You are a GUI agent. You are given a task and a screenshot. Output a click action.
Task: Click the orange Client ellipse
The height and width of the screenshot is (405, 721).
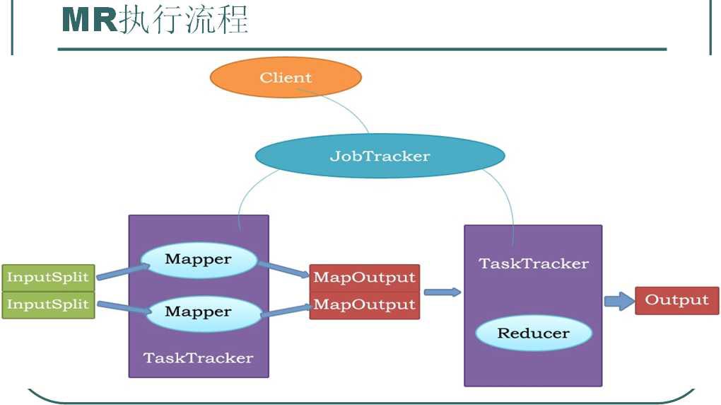click(286, 77)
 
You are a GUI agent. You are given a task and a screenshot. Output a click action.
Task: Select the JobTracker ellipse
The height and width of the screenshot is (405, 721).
click(380, 156)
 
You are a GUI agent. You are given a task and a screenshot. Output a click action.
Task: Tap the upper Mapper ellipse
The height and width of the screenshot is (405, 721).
click(198, 260)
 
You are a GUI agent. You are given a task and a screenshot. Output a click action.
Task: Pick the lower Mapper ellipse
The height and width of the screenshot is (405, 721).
click(198, 312)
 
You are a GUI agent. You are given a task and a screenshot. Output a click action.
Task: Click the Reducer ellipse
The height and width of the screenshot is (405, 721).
click(533, 333)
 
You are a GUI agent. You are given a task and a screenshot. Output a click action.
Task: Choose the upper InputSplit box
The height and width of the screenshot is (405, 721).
click(48, 277)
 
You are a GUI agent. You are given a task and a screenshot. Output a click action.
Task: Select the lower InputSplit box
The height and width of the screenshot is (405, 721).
click(48, 305)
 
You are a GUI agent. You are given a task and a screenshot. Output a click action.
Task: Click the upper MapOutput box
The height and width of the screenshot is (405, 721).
click(364, 277)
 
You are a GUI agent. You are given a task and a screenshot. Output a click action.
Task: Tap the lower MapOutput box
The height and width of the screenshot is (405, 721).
click(364, 305)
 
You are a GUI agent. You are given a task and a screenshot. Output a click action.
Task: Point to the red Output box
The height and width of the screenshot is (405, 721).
click(676, 300)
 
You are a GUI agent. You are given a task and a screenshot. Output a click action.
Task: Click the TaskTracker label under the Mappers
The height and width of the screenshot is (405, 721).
click(198, 358)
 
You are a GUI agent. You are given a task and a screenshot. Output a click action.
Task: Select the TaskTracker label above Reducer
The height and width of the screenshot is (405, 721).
click(533, 263)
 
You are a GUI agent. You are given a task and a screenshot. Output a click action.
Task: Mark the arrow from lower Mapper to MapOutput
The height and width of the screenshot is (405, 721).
click(286, 309)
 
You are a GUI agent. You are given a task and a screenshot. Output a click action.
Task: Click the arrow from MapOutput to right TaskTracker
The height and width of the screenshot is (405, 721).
click(442, 292)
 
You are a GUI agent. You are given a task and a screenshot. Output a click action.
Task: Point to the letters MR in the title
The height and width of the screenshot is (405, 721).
click(88, 20)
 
